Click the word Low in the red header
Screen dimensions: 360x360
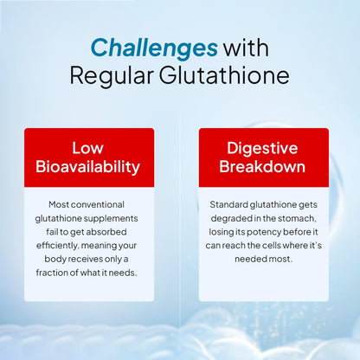pyautogui.click(x=89, y=147)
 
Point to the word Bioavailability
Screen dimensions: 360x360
pyautogui.click(x=89, y=166)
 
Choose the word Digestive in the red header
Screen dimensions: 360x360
pyautogui.click(x=263, y=147)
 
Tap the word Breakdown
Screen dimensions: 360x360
pyautogui.click(x=263, y=166)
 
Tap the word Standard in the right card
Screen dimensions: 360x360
pyautogui.click(x=228, y=204)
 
